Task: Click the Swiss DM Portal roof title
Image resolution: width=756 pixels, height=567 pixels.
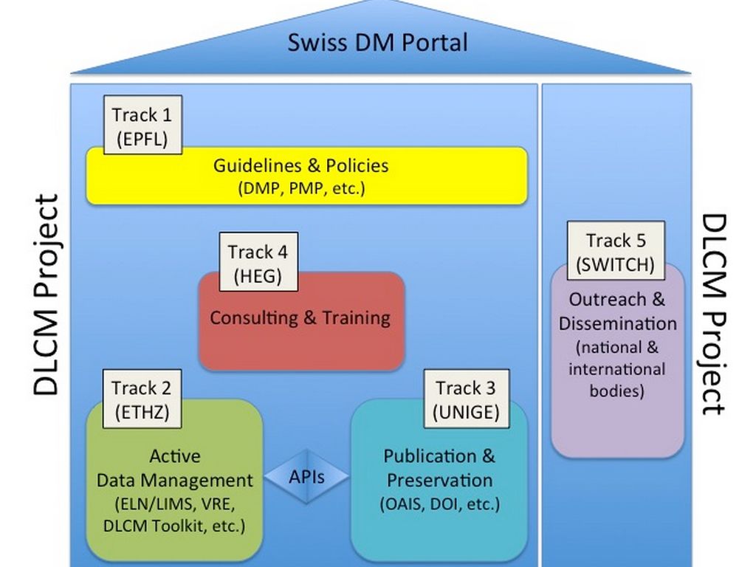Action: coord(377,42)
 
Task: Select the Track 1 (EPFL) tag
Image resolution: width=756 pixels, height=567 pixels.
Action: coord(142,125)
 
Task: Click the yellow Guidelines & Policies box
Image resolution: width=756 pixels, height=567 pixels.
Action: coord(306,176)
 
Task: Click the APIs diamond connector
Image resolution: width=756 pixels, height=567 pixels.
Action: coord(306,476)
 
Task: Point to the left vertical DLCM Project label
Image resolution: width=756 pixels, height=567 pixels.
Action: coord(46,295)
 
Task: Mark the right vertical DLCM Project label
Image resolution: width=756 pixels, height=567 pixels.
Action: coord(712,314)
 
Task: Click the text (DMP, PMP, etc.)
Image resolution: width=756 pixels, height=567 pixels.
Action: coord(301,188)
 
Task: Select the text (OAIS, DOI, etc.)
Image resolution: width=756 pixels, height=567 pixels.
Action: coord(440,504)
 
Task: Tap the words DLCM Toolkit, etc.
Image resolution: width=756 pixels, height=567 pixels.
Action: coord(174,526)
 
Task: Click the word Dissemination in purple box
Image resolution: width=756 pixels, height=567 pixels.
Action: coord(617,323)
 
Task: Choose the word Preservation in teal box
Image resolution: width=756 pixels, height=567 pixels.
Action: coord(440,481)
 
